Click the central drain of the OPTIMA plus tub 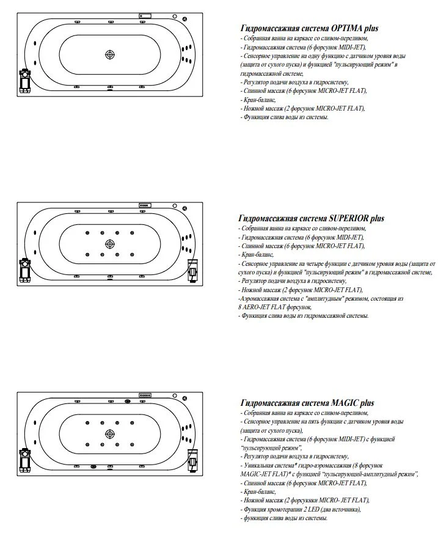click(110, 54)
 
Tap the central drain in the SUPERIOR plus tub click(110, 244)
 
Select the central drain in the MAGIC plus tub click(110, 433)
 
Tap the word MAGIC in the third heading click(345, 403)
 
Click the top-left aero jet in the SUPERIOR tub click(88, 233)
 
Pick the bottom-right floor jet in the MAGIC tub click(132, 444)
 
